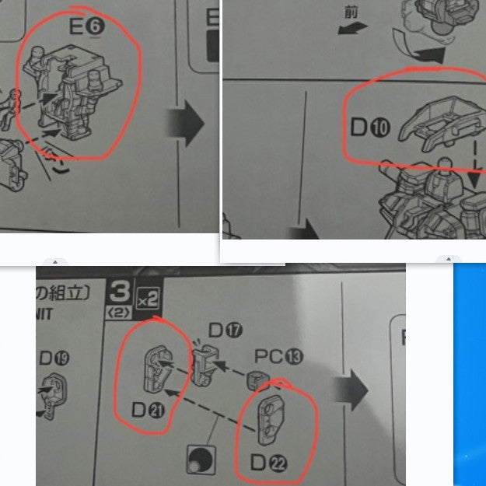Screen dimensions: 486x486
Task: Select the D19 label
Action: coord(54,358)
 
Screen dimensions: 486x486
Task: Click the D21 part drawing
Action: coord(159,366)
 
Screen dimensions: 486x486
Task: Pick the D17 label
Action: coord(224,330)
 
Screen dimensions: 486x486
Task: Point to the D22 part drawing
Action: coord(275,414)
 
